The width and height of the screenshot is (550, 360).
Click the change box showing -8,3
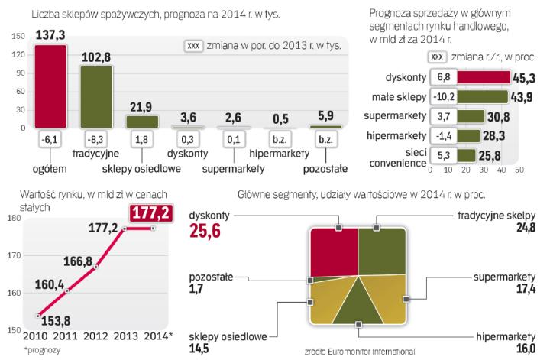96,139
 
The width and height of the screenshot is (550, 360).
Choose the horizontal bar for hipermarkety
466,136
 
